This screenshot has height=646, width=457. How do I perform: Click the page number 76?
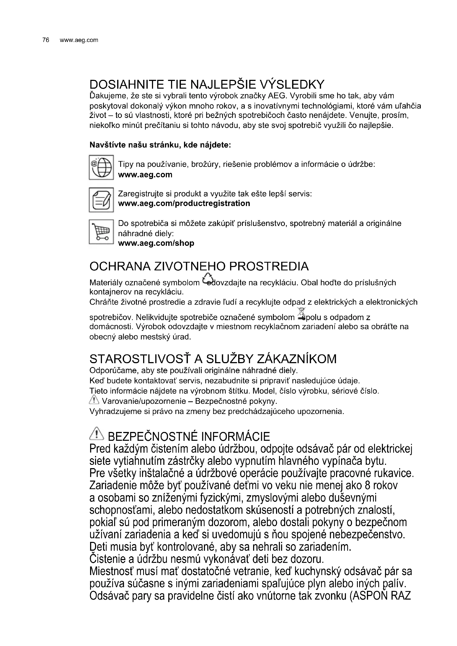point(46,40)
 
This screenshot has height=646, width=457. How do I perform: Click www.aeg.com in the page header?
point(79,40)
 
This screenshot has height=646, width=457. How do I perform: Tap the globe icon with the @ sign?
point(101,167)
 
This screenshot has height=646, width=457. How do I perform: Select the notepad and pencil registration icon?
point(101,200)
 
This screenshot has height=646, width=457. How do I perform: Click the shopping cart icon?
point(101,232)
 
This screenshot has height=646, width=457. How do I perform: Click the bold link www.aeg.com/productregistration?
point(184,204)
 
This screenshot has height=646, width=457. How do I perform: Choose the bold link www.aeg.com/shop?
point(156,243)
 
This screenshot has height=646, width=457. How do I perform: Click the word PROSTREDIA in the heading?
point(269,267)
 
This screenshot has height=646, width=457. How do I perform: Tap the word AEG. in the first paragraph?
point(277,96)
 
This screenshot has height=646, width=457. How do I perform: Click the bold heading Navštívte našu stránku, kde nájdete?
point(160,145)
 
